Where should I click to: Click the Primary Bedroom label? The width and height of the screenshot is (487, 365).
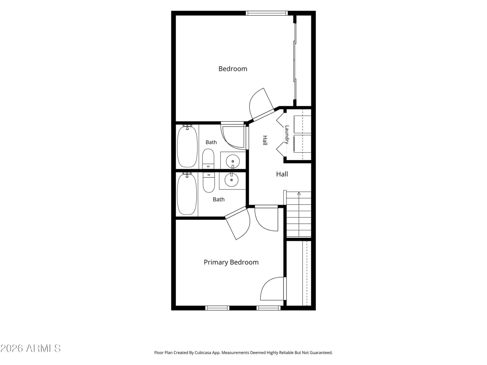(231, 262)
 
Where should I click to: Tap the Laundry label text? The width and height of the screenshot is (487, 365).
(287, 134)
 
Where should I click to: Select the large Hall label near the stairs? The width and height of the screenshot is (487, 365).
(282, 174)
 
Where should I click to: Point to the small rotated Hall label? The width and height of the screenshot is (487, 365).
(265, 140)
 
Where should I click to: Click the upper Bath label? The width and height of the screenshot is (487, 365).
(211, 142)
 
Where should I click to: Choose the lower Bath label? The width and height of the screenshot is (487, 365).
(219, 200)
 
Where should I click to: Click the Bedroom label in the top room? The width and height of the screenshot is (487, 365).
(233, 69)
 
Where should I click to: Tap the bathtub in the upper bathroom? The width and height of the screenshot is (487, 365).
(187, 147)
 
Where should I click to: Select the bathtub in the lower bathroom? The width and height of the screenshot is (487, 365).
(187, 194)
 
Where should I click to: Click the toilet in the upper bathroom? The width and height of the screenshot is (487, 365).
(208, 159)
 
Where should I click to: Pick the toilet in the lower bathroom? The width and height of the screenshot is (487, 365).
(208, 182)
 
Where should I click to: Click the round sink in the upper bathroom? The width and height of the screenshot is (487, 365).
(233, 161)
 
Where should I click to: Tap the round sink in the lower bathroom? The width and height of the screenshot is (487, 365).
(231, 180)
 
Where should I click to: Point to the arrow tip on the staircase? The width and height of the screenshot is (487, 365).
(299, 192)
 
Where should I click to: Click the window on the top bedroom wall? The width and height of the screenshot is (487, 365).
(267, 13)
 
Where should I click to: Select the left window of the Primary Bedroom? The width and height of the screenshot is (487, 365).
(217, 308)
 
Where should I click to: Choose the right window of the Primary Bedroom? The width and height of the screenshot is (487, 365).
(268, 308)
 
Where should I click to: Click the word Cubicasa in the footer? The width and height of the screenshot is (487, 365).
(203, 353)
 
